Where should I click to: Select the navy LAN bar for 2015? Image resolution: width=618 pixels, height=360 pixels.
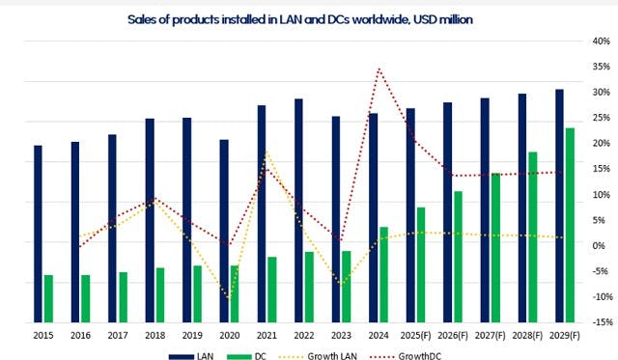click(38, 233)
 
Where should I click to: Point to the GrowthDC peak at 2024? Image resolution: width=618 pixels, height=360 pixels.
click(379, 69)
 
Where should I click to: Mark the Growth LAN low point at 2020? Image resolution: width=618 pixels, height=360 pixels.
click(230, 297)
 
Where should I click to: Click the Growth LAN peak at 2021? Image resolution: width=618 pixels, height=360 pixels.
click(267, 153)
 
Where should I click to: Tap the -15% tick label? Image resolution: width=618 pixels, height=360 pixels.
click(598, 322)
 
